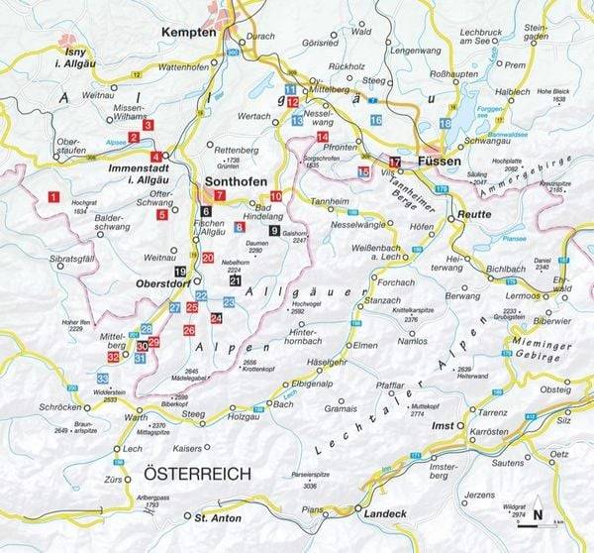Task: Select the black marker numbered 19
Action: pos(180,271)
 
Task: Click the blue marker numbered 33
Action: pos(103,379)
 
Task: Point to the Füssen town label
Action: pos(441,161)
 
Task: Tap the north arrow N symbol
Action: pos(538,513)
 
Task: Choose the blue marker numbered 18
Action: pos(446,123)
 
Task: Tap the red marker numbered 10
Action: pos(276,196)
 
